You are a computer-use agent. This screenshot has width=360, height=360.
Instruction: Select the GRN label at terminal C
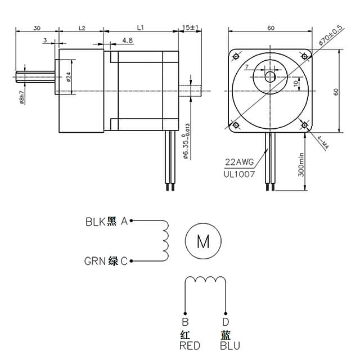[94, 261]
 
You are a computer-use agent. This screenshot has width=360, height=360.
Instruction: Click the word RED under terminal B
[189, 346]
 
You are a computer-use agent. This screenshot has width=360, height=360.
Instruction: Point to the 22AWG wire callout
[240, 162]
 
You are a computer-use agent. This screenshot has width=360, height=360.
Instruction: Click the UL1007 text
[240, 174]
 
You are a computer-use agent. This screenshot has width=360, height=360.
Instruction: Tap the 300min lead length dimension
[301, 163]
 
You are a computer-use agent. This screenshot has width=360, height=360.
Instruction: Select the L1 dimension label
[141, 27]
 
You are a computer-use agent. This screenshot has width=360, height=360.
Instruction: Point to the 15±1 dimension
[191, 27]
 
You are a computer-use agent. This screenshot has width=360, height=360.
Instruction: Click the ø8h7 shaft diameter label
[21, 97]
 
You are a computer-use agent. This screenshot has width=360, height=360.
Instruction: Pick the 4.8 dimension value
[127, 40]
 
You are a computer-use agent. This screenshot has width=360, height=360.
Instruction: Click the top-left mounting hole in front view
[236, 56]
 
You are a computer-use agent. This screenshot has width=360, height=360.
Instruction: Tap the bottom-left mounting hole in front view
[236, 124]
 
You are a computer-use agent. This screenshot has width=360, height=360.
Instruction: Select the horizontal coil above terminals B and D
[205, 280]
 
